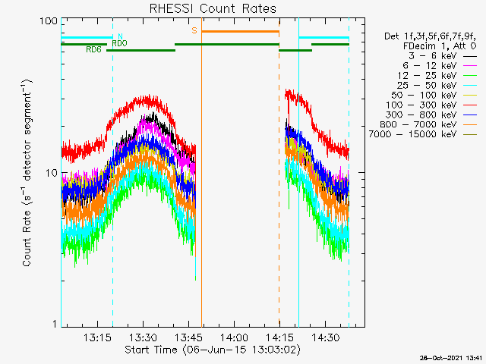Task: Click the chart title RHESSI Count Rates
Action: click(x=213, y=8)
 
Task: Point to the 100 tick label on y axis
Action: click(x=49, y=21)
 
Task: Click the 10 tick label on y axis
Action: click(x=52, y=173)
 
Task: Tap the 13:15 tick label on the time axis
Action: click(x=97, y=337)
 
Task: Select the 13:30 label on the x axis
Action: click(x=144, y=337)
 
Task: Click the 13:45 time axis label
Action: click(x=189, y=337)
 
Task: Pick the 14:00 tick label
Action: click(x=234, y=337)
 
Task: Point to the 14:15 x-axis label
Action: click(x=279, y=337)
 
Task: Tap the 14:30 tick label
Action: click(x=326, y=337)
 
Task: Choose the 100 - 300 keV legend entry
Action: click(x=431, y=105)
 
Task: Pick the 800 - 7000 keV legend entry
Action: click(x=428, y=124)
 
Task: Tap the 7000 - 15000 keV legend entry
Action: click(x=423, y=134)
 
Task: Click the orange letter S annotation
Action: click(x=194, y=30)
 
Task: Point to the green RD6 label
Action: click(x=93, y=49)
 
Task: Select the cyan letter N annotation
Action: click(x=120, y=36)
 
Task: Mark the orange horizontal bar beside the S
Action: click(x=240, y=32)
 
